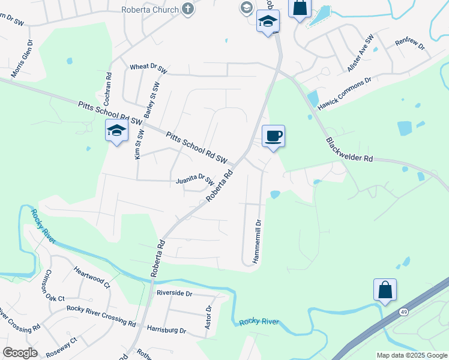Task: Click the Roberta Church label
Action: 150,10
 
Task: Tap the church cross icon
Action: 188,9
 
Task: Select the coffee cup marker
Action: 273,136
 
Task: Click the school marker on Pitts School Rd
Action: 117,130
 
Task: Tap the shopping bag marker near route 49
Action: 385,290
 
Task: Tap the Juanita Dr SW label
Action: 195,179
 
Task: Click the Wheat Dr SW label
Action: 148,68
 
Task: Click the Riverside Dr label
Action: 174,293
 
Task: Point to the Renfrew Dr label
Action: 410,43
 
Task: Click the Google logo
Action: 20,353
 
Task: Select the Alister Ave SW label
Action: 361,53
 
